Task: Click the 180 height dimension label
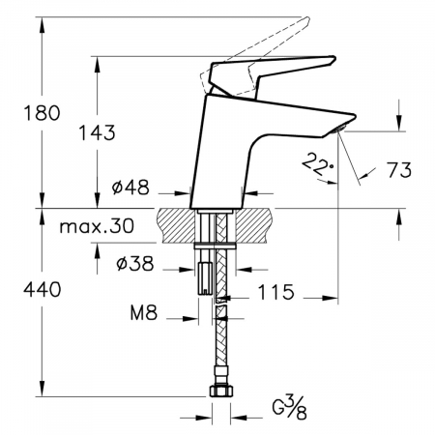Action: coord(43,113)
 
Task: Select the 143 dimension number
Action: coord(98,132)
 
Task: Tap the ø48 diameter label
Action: coord(130,187)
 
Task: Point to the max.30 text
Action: coord(97,226)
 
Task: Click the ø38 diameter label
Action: coord(135,264)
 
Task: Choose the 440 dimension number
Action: coord(43,289)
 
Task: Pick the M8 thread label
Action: coord(144,312)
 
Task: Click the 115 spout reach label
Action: coord(276,292)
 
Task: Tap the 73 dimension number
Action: coord(399,170)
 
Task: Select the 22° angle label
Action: coord(317,163)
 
